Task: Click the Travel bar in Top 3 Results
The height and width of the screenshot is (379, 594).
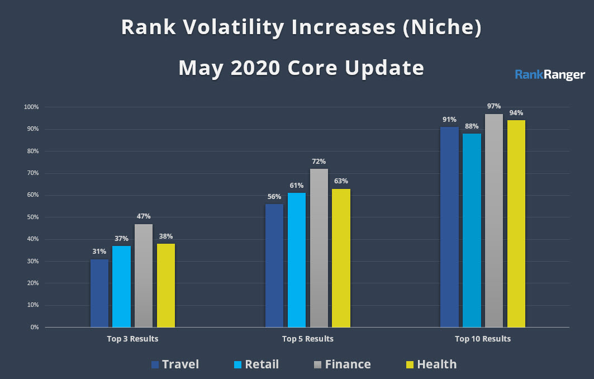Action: click(99, 293)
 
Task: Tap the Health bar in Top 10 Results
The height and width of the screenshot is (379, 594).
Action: click(516, 224)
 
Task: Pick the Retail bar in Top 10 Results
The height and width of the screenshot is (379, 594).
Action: click(472, 230)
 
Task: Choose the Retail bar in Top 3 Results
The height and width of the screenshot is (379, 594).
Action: click(121, 286)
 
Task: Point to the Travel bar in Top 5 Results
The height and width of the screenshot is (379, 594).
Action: click(274, 266)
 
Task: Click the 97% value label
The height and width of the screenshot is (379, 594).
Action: click(493, 106)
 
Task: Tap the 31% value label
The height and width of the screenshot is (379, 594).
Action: click(99, 252)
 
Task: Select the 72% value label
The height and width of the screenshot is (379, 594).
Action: click(319, 161)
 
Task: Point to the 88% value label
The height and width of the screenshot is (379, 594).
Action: click(472, 126)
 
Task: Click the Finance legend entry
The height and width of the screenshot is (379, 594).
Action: click(340, 364)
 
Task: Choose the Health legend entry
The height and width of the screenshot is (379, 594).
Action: click(429, 364)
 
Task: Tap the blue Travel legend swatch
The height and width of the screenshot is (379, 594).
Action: click(155, 365)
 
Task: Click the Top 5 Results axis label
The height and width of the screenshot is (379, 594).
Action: click(307, 339)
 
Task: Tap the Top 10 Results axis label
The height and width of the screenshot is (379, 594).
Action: click(482, 339)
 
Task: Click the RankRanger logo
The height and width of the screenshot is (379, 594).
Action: click(549, 74)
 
